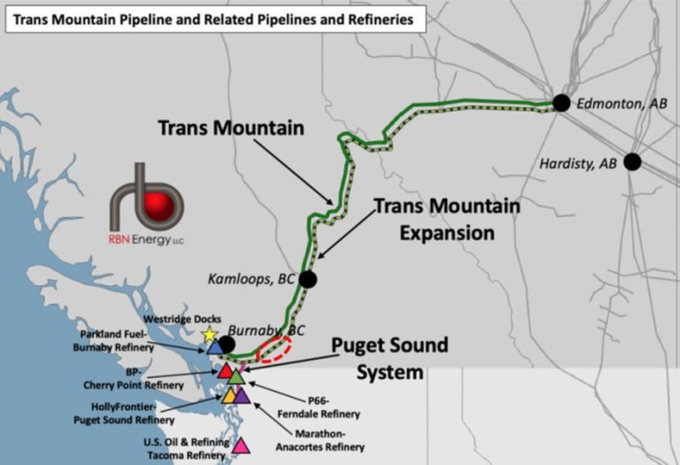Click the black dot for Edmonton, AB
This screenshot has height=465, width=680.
(560, 103)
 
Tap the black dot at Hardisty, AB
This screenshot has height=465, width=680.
(631, 162)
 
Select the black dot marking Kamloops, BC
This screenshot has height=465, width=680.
(307, 279)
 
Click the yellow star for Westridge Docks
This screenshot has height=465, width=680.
(209, 335)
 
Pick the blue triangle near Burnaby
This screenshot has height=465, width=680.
(214, 348)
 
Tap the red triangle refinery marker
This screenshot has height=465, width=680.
(226, 370)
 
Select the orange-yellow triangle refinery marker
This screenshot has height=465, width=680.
(230, 395)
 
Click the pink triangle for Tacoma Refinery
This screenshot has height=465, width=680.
(240, 446)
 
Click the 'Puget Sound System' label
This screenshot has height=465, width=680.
(390, 358)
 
